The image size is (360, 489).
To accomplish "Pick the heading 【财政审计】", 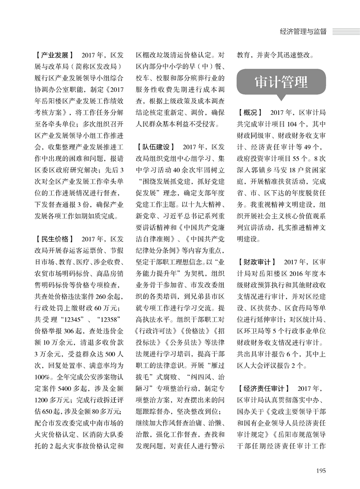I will tap(257, 262).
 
